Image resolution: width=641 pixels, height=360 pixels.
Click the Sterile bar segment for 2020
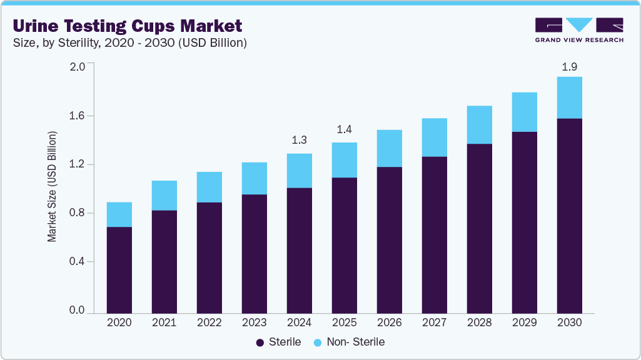pos(119,270)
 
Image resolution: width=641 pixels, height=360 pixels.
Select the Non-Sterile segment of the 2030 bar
pos(569,97)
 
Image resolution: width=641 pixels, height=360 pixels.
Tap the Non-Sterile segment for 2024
pos(299,171)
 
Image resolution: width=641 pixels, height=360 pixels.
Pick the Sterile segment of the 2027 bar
pos(434,235)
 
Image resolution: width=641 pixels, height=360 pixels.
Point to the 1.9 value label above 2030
pos(569,66)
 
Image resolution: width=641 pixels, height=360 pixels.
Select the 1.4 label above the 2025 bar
pos(344,130)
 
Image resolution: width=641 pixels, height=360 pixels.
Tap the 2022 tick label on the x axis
pos(209,323)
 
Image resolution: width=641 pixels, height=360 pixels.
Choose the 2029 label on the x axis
pos(524,323)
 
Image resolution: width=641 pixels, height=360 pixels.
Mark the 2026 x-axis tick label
pos(389,323)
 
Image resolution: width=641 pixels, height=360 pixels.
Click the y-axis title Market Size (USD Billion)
pos(53,187)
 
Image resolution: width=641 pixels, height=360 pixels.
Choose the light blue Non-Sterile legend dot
pos(317,342)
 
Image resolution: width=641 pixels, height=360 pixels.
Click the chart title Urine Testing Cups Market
pos(127,26)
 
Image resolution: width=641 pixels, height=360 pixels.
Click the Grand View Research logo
pos(579,30)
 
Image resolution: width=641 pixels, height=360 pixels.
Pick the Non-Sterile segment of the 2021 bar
pos(164,196)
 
